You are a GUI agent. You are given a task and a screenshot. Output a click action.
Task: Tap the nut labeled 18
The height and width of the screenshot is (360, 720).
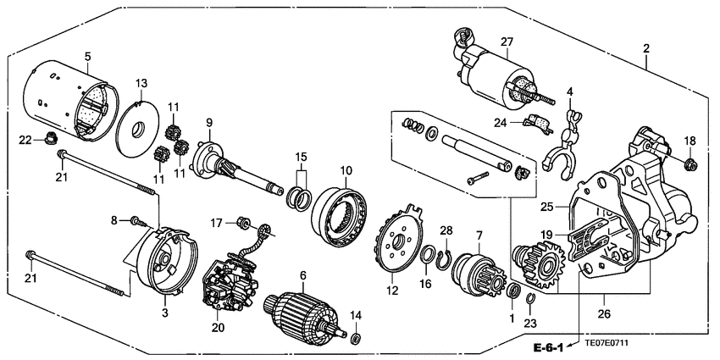click(690, 163)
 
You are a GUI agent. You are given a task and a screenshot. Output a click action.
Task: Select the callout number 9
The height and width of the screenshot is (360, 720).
click(208, 122)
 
